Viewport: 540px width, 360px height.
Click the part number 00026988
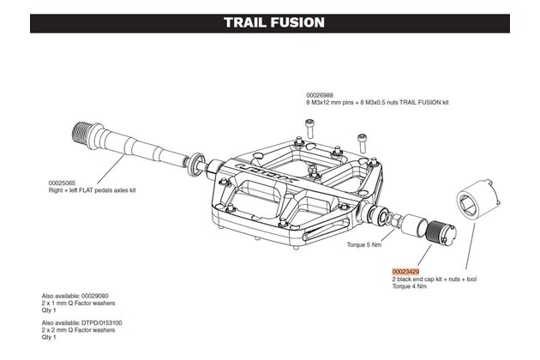tap(321, 95)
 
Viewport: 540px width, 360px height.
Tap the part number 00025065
tap(66, 183)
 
